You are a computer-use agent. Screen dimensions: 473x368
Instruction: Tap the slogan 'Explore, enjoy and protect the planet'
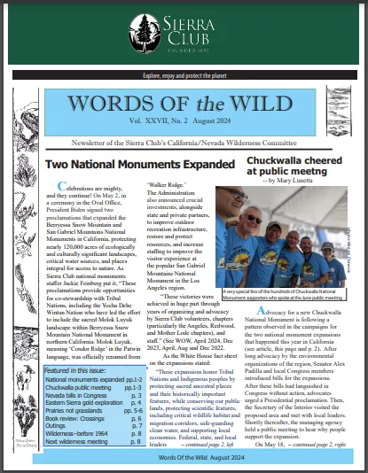tap(184, 75)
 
